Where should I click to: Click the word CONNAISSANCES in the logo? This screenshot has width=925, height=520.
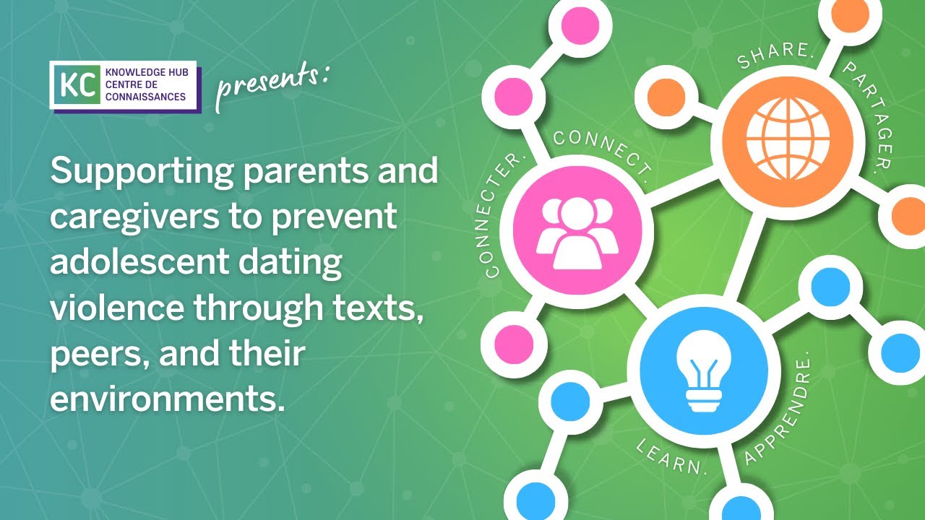(145, 97)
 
